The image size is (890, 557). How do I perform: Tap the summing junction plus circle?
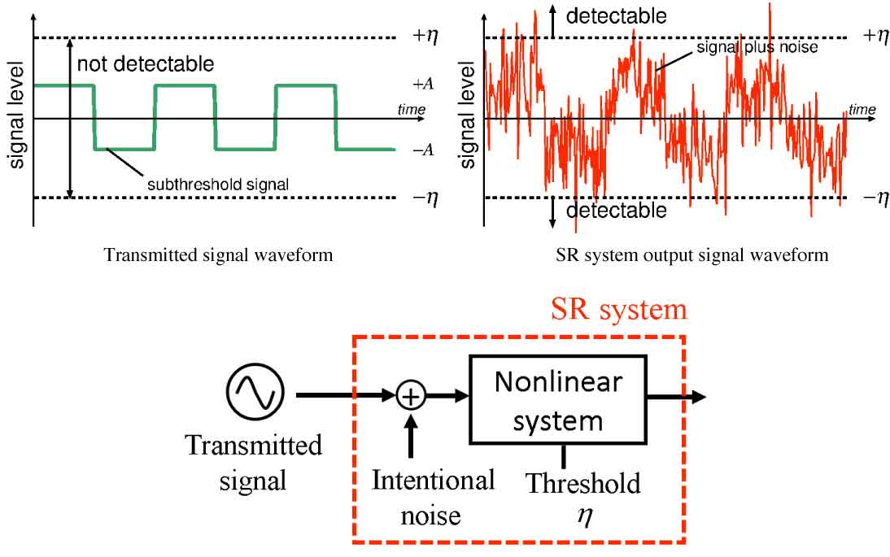pos(411,396)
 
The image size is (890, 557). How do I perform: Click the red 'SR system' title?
pos(619,310)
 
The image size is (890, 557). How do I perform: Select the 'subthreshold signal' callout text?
pos(218,184)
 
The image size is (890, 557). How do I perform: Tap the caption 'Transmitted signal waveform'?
pos(218,255)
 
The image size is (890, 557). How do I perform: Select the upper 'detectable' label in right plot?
pos(617,15)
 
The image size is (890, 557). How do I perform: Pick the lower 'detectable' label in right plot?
pos(617,211)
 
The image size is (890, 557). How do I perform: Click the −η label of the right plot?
pos(875,198)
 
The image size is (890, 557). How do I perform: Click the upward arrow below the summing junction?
pos(411,433)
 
